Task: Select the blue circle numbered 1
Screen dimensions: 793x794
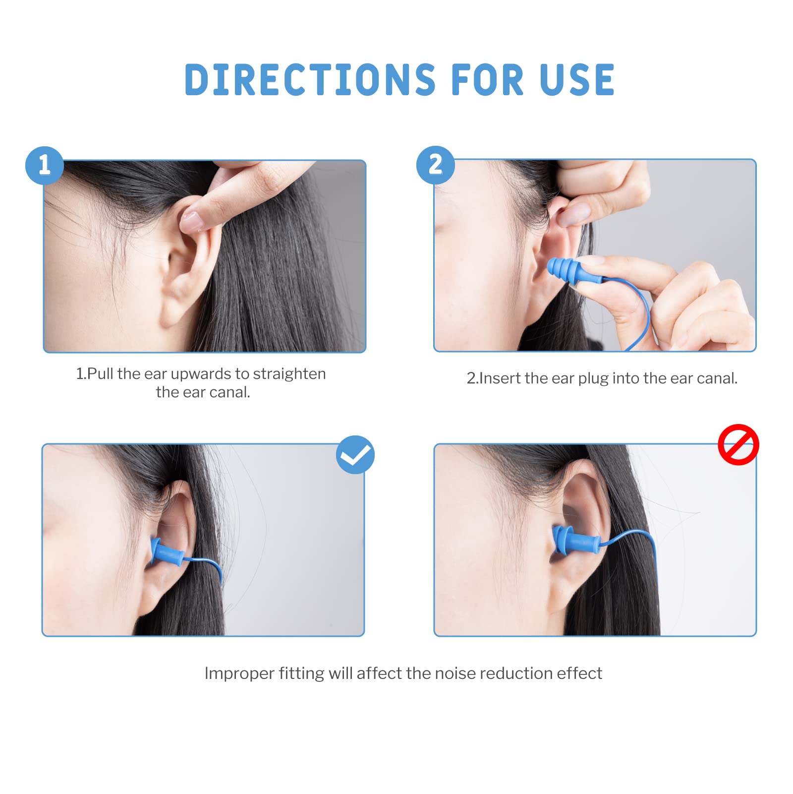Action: (45, 166)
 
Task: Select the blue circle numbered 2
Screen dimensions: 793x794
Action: (435, 165)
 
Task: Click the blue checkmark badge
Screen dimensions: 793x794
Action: (355, 454)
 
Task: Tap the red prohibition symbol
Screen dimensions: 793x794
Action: (738, 444)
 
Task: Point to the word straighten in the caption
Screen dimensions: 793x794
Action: (289, 374)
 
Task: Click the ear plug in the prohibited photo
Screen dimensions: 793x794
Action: (575, 541)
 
